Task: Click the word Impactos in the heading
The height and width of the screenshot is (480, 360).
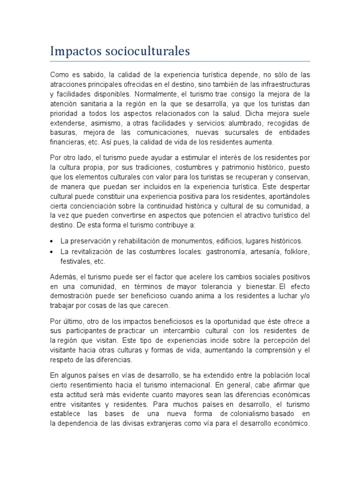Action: tap(75, 51)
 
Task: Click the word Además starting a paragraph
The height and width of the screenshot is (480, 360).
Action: tap(63, 276)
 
